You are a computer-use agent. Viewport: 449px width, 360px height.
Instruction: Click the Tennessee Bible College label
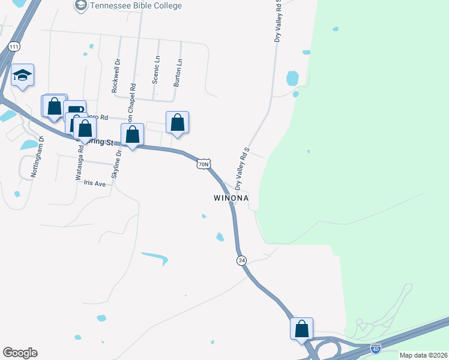tap(136, 6)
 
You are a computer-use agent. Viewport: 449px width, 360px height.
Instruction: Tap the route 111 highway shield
tap(14, 46)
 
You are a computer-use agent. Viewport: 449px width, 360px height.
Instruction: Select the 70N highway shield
tap(204, 163)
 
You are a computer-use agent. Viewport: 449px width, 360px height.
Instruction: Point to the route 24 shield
tap(241, 260)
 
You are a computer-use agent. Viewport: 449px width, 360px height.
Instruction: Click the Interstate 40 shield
tap(375, 348)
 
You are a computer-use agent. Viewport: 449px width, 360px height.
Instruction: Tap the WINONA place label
tap(231, 197)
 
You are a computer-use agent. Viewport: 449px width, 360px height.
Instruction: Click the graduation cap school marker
tap(23, 75)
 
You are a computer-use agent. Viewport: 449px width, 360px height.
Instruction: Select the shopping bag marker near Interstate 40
tap(301, 329)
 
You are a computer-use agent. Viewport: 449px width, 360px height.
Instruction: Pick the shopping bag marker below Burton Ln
tap(177, 122)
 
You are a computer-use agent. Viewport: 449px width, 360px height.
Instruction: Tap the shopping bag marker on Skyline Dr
tap(133, 135)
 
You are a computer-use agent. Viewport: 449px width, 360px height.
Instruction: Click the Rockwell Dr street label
tap(116, 75)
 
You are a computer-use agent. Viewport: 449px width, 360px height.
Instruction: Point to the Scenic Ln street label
tap(157, 71)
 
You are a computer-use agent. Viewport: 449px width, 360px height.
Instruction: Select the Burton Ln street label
tap(178, 73)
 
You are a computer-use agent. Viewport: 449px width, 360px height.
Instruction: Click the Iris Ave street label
tap(95, 183)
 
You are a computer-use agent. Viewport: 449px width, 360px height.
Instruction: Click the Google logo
tap(20, 353)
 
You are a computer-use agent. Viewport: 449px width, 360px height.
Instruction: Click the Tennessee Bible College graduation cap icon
tap(80, 6)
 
